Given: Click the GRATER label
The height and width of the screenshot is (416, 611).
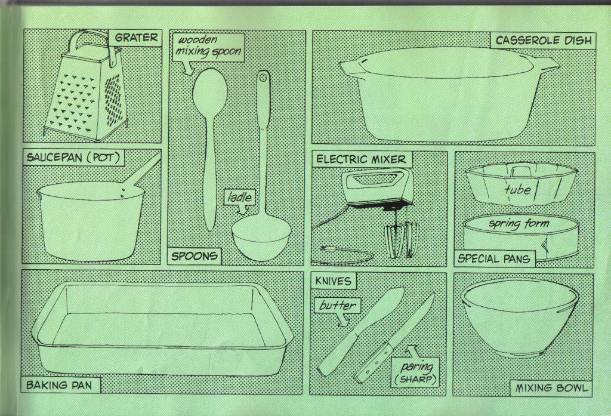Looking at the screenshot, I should click(136, 38).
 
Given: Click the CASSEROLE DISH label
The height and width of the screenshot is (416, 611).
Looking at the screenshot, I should click(543, 41).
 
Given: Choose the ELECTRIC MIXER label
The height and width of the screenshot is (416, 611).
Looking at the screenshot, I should click(361, 159).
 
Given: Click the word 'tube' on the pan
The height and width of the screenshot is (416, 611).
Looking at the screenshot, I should click(517, 189).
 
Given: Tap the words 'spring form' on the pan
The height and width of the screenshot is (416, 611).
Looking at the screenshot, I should click(519, 224).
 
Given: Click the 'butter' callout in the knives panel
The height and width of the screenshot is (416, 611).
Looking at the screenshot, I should click(337, 306).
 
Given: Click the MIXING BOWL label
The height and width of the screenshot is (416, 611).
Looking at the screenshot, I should click(551, 388).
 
